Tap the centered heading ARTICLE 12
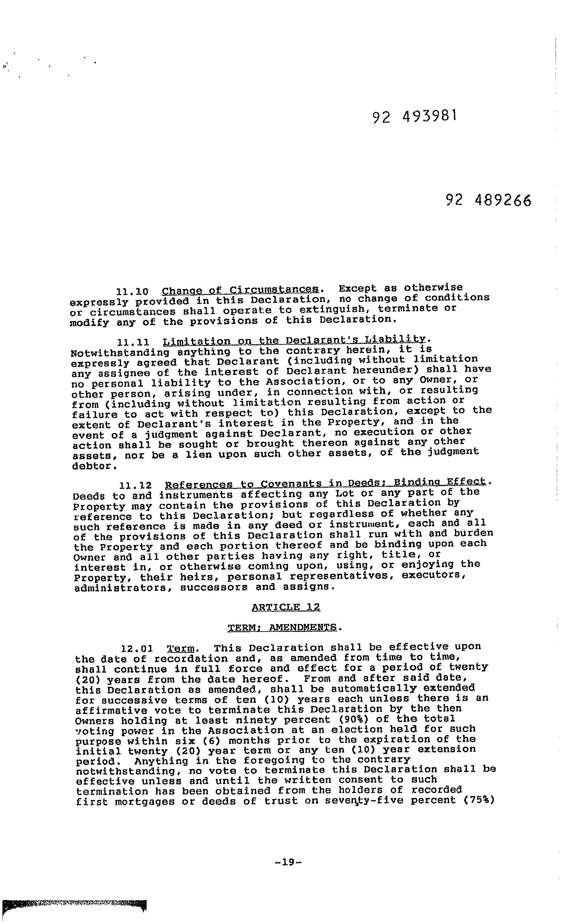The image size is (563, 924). pos(286,607)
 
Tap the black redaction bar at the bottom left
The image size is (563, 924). pos(74,905)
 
